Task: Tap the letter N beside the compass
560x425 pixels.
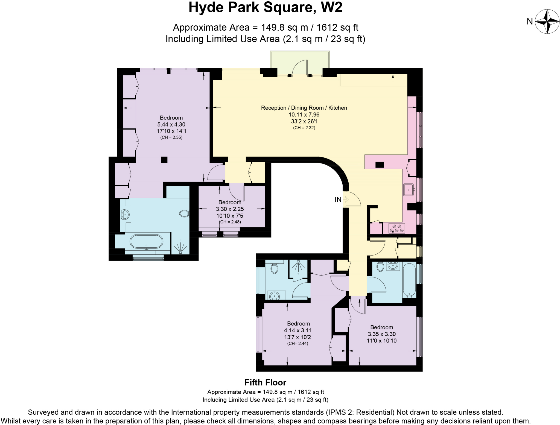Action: coord(530,22)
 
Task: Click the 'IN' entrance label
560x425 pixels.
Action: coord(338,200)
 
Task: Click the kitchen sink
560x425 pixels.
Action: coord(409,189)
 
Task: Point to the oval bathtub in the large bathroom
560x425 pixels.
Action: coord(146,241)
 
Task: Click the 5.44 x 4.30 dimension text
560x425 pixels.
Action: coord(171,124)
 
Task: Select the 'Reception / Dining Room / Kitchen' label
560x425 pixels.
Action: coord(304,108)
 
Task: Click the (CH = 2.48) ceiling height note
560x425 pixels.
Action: coord(230,222)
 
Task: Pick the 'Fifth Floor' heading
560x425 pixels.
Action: coord(265,382)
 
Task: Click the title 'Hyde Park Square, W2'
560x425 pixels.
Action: coord(265,8)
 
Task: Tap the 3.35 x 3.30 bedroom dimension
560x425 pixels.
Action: coord(381,334)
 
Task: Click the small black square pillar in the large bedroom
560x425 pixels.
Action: coord(164,160)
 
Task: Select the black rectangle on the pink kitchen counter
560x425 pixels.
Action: coord(380,165)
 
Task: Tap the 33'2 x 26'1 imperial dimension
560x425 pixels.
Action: coord(304,121)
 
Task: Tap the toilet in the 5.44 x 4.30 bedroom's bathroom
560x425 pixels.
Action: coord(184,213)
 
